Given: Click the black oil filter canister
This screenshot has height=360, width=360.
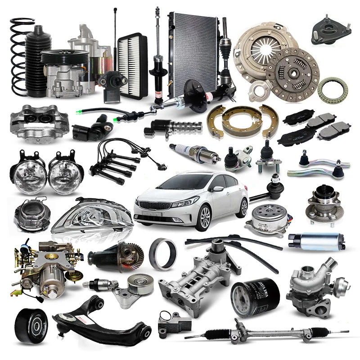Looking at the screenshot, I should tap(255, 297).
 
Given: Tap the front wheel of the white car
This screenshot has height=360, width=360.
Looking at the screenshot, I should tap(205, 219).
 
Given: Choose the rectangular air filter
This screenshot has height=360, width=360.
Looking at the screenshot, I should tap(132, 66).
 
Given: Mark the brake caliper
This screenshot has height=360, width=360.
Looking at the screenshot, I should tap(39, 121).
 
